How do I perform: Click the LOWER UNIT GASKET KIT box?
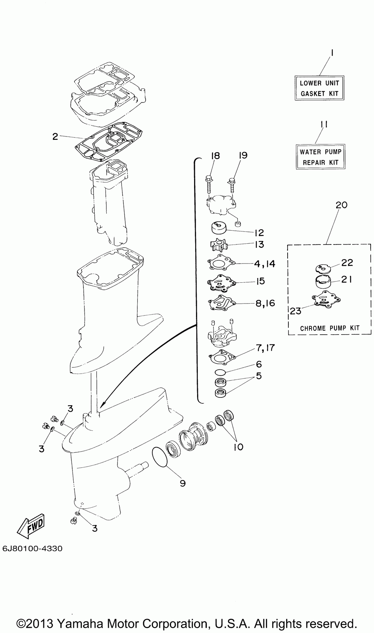pyautogui.click(x=319, y=88)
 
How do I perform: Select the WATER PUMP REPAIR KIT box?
pyautogui.click(x=321, y=157)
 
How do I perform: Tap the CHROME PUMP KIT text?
pyautogui.click(x=329, y=328)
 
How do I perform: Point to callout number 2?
pyautogui.click(x=55, y=137)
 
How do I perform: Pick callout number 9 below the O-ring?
pyautogui.click(x=183, y=483)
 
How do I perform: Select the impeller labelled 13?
pyautogui.click(x=219, y=245)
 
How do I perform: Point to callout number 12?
pyautogui.click(x=259, y=233)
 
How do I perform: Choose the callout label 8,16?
pyautogui.click(x=265, y=303)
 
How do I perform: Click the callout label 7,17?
pyautogui.click(x=265, y=347)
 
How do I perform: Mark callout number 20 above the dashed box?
pyautogui.click(x=341, y=205)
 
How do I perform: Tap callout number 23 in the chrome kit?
pyautogui.click(x=296, y=311)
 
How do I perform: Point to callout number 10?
pyautogui.click(x=239, y=447)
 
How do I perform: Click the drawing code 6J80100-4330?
pyautogui.click(x=32, y=549)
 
